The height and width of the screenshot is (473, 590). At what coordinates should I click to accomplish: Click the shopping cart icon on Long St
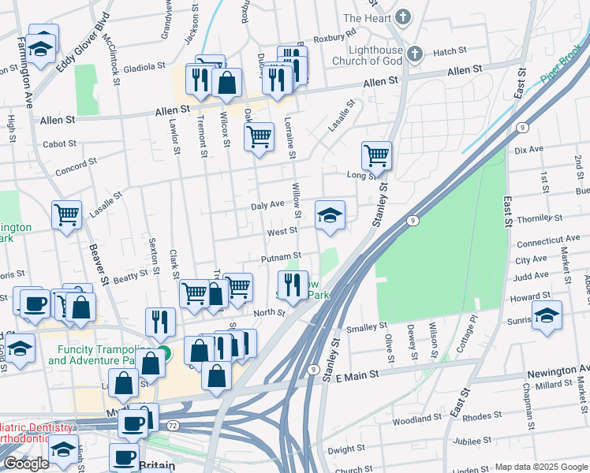click(376, 155)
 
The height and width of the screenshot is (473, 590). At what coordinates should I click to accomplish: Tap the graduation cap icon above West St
click(330, 214)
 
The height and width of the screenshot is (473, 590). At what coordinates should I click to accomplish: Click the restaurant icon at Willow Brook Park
click(293, 285)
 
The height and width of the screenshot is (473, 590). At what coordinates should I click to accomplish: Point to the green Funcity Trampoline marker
click(163, 354)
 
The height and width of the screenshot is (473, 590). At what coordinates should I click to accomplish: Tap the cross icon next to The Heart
click(403, 17)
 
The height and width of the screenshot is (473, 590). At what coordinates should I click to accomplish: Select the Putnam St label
click(282, 258)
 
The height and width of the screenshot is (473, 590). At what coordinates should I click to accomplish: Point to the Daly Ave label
click(267, 205)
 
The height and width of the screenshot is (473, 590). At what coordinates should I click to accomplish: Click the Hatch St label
click(450, 52)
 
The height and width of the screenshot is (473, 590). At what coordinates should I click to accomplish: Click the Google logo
click(27, 464)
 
